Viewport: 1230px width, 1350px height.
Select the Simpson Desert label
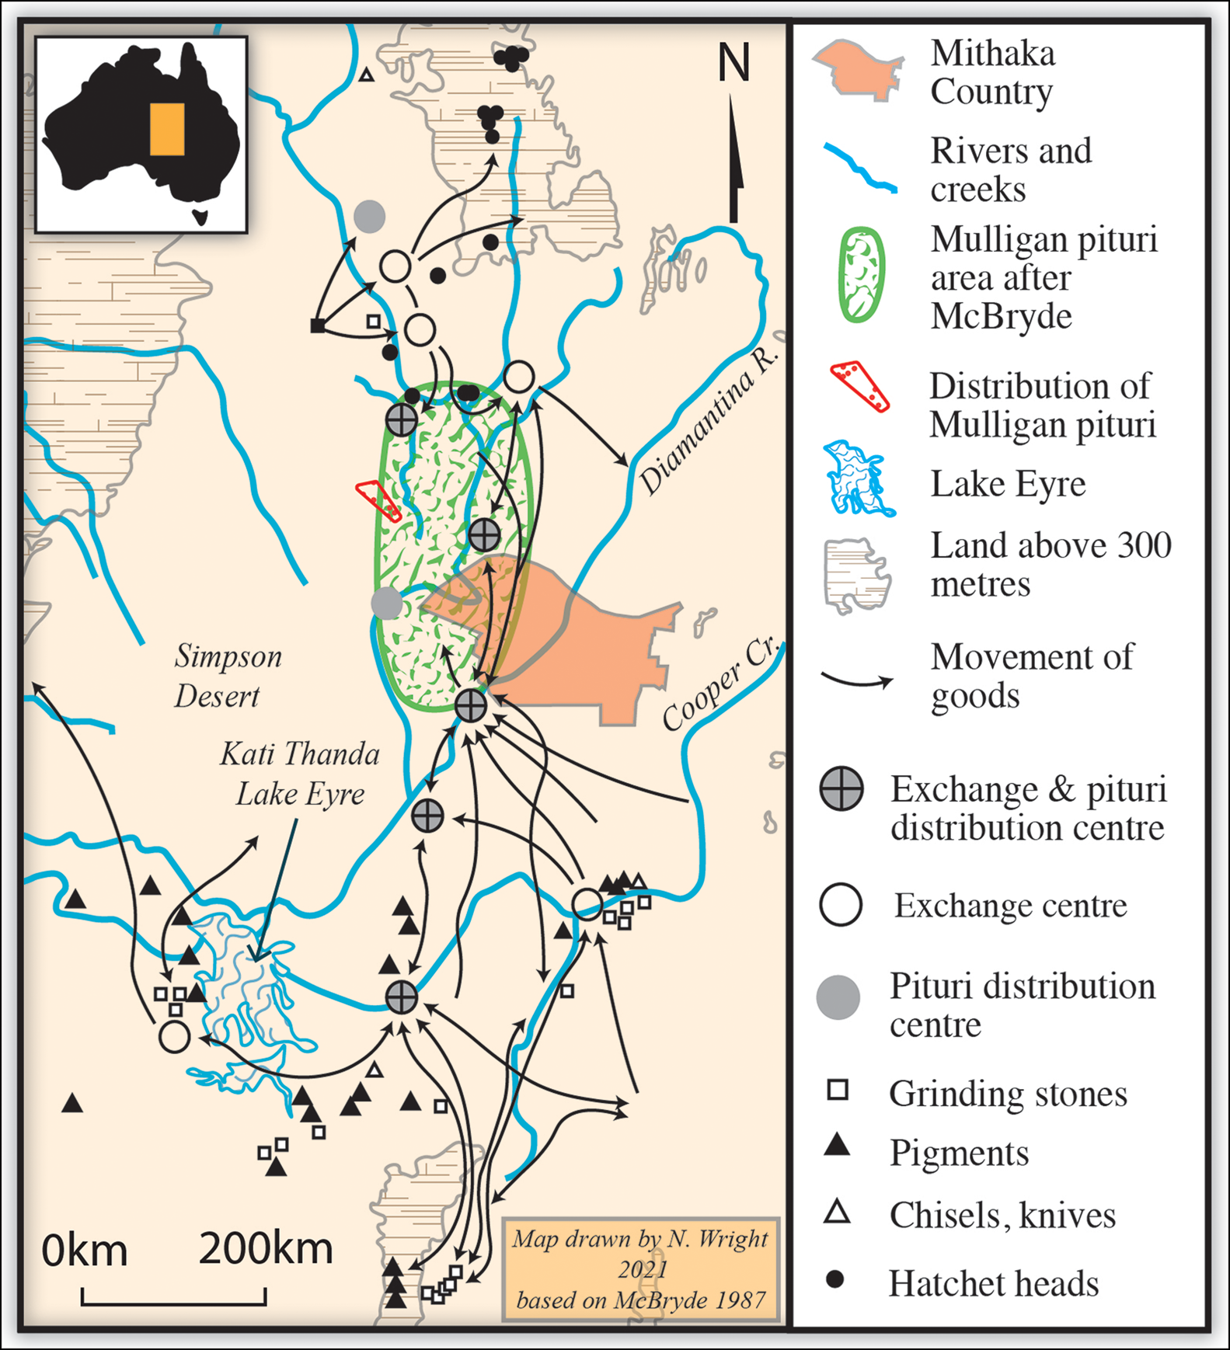tap(227, 676)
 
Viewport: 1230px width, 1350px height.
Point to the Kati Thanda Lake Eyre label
tap(300, 774)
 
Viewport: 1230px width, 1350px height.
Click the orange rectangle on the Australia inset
tap(167, 129)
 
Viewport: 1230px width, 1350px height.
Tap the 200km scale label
tap(266, 1249)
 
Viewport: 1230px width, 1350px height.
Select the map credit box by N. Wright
tap(640, 1268)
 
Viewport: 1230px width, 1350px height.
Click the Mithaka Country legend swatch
tap(859, 70)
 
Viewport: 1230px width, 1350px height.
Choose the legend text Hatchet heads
tap(993, 1283)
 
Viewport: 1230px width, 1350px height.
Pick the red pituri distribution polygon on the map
tap(378, 499)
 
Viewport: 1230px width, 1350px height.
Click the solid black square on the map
tap(317, 325)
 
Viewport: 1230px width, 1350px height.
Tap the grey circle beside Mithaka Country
tap(386, 602)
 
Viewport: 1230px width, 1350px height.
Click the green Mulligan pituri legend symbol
tap(861, 275)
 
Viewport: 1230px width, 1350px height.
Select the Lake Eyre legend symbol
tap(858, 479)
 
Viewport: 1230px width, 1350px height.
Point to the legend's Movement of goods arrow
tap(857, 681)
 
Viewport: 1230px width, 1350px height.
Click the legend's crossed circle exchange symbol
tap(841, 789)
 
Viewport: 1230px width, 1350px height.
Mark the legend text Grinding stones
tap(1007, 1094)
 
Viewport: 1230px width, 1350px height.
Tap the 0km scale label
tap(84, 1251)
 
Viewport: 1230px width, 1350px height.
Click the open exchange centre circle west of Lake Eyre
tap(174, 1036)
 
